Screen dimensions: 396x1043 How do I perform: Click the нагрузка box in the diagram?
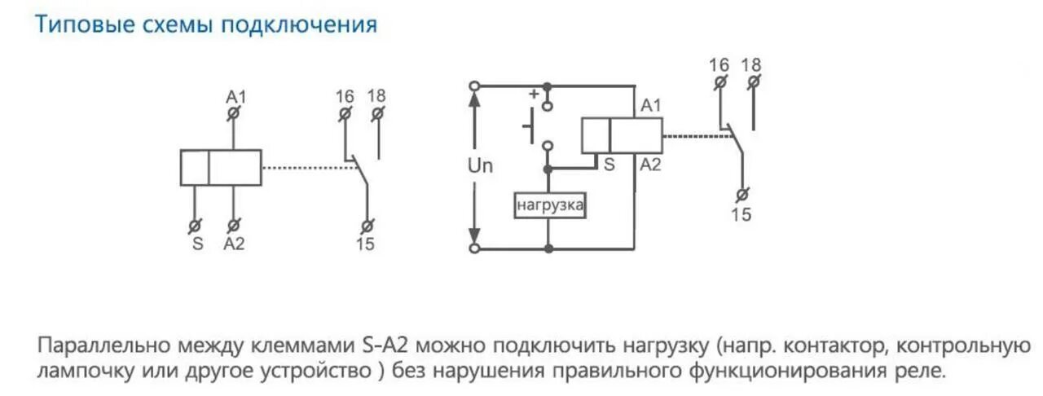550,205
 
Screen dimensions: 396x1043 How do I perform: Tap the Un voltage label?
481,165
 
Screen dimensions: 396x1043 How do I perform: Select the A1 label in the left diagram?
236,97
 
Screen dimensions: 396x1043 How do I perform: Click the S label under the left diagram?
196,244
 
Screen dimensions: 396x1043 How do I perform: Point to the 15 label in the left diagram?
366,244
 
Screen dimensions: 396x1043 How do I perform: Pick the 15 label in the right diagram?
742,215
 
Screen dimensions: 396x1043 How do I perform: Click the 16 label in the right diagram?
719,64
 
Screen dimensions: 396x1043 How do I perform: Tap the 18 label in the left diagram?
376,96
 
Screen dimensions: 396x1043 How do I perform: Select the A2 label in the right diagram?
650,165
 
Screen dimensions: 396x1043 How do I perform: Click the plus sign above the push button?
535,93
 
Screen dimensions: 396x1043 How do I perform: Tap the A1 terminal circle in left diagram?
234,114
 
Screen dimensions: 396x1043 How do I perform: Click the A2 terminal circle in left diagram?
234,225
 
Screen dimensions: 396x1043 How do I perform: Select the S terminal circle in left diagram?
196,225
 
